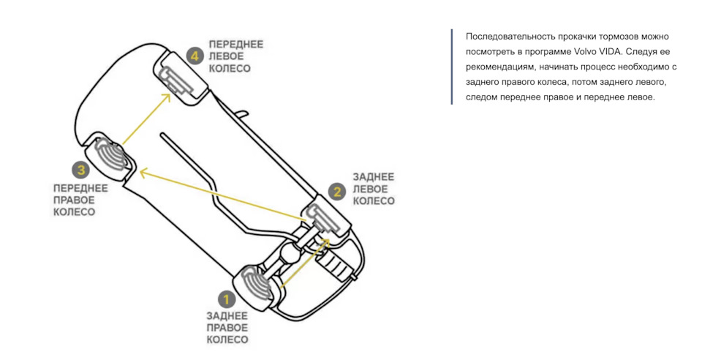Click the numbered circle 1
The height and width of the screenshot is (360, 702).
coord(225,298)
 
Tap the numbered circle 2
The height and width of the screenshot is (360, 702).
coord(337,192)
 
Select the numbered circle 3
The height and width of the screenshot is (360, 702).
coord(80,170)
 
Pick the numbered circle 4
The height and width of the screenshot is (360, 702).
coord(194,55)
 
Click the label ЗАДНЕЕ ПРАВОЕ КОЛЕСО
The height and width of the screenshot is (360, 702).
coord(227,328)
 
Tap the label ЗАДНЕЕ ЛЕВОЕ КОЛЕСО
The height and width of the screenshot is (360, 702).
coord(373,189)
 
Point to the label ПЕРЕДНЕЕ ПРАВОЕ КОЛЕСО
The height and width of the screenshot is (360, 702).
coord(80,200)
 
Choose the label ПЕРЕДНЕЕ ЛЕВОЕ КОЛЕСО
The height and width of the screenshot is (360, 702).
coord(235,56)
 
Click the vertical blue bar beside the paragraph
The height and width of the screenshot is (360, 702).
coord(452,67)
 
